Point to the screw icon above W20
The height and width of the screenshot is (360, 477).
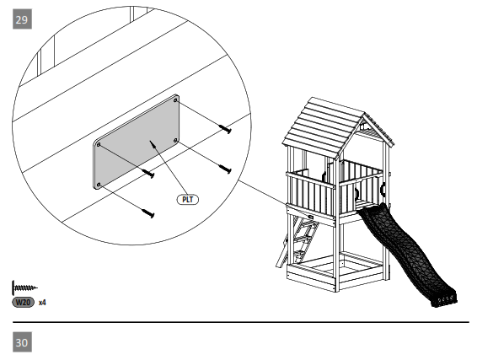(x=25, y=287)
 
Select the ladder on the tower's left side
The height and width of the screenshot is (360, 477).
(x=302, y=240)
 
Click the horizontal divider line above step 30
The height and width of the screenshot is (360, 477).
(x=238, y=322)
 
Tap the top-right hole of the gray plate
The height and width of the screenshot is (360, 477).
(x=175, y=99)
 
